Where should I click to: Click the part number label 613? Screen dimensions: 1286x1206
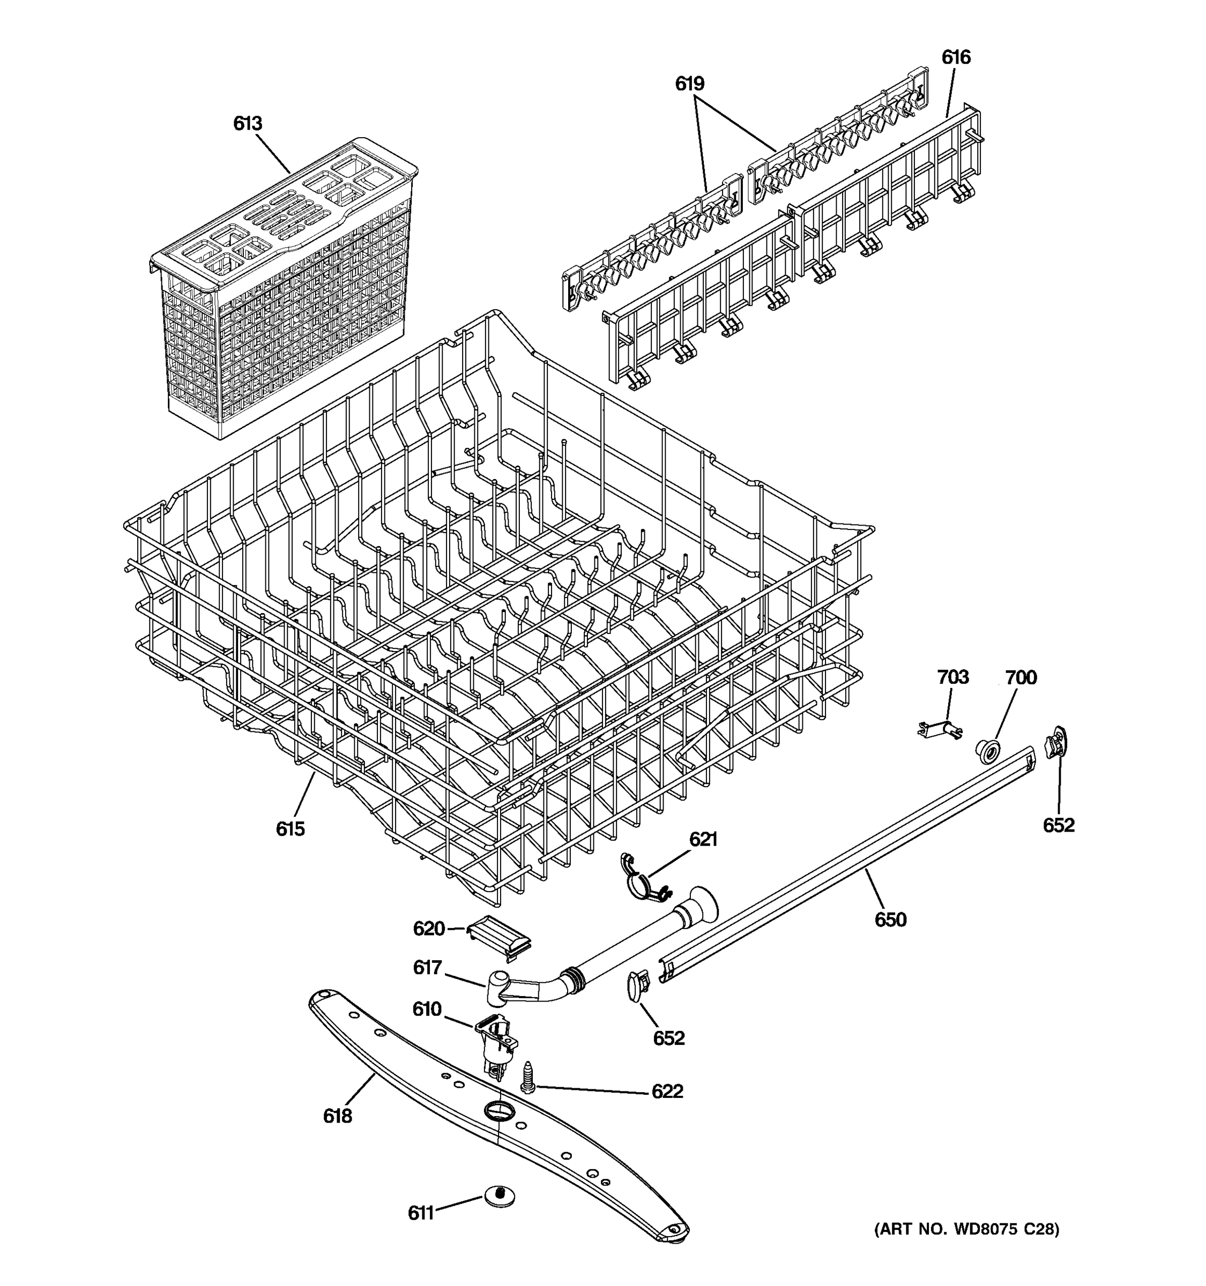(248, 124)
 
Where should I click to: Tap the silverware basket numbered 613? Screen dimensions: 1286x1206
(285, 291)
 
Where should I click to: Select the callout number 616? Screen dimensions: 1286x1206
(956, 57)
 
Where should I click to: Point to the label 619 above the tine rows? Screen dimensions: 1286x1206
(690, 84)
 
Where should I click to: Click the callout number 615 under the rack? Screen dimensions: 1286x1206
(290, 828)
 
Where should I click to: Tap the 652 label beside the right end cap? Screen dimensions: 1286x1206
(1059, 825)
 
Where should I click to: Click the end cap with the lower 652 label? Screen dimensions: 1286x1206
(637, 985)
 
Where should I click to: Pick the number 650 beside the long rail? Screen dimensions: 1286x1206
(890, 919)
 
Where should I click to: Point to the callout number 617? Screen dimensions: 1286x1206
(427, 968)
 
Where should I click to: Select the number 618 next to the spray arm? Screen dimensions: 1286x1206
(337, 1116)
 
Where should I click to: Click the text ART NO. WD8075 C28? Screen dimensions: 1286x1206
(966, 1230)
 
